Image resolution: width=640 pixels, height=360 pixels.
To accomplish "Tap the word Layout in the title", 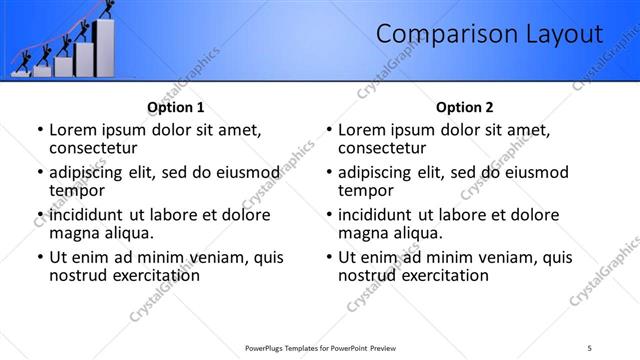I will pyautogui.click(x=564, y=35).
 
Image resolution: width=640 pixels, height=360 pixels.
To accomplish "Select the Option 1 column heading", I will pyautogui.click(x=175, y=107).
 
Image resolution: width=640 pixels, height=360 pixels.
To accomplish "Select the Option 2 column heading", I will pyautogui.click(x=465, y=107).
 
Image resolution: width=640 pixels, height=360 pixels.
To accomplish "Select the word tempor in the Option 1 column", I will pyautogui.click(x=73, y=190).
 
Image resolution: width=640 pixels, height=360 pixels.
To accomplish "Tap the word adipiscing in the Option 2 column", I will pyautogui.click(x=377, y=172).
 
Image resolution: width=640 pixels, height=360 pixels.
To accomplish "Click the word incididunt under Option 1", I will pyautogui.click(x=87, y=215).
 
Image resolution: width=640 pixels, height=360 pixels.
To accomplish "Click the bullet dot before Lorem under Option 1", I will pyautogui.click(x=39, y=130).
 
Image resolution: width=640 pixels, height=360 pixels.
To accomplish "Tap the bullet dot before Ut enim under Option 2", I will pyautogui.click(x=329, y=258).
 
